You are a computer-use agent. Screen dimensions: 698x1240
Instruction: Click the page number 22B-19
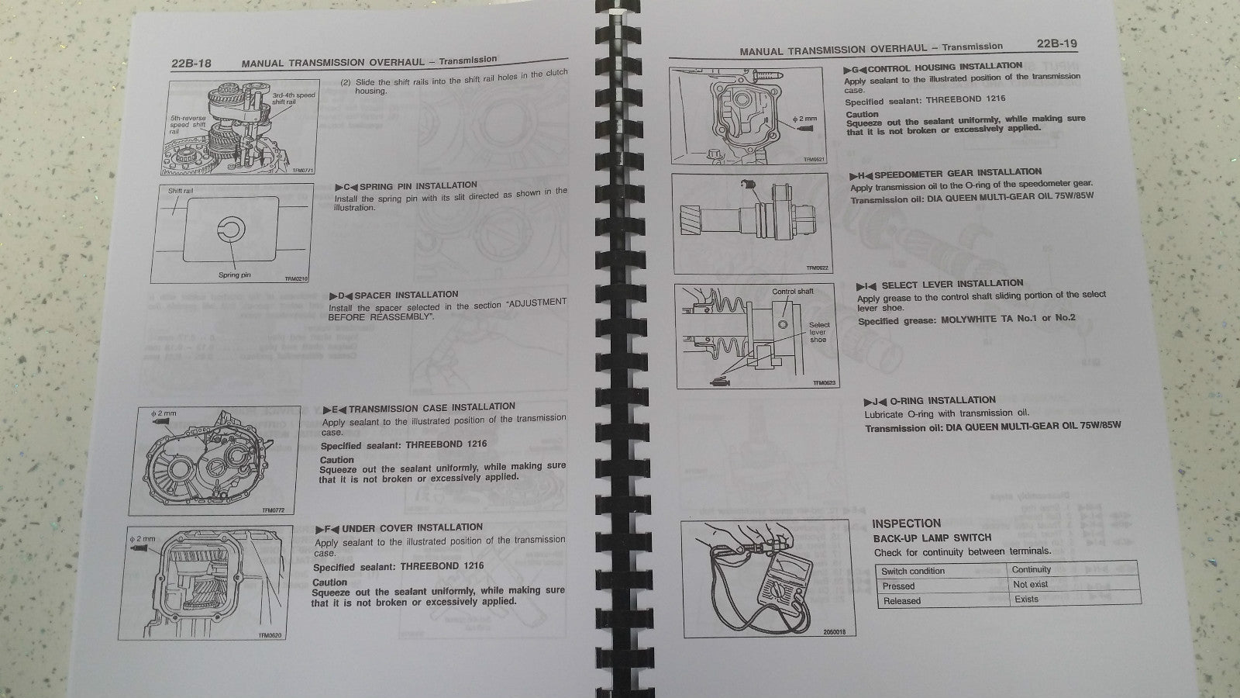pyautogui.click(x=1056, y=45)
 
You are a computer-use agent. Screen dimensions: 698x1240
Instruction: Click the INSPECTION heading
pyautogui.click(x=906, y=523)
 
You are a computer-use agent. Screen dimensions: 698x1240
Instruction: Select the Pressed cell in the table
pyautogui.click(x=898, y=586)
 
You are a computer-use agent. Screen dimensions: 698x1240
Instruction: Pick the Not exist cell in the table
pyautogui.click(x=1030, y=585)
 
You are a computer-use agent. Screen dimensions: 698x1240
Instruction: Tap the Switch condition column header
pyautogui.click(x=913, y=572)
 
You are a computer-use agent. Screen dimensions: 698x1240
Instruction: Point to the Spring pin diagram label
pyautogui.click(x=234, y=275)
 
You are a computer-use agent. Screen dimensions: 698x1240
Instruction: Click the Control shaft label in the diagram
pyautogui.click(x=792, y=292)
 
